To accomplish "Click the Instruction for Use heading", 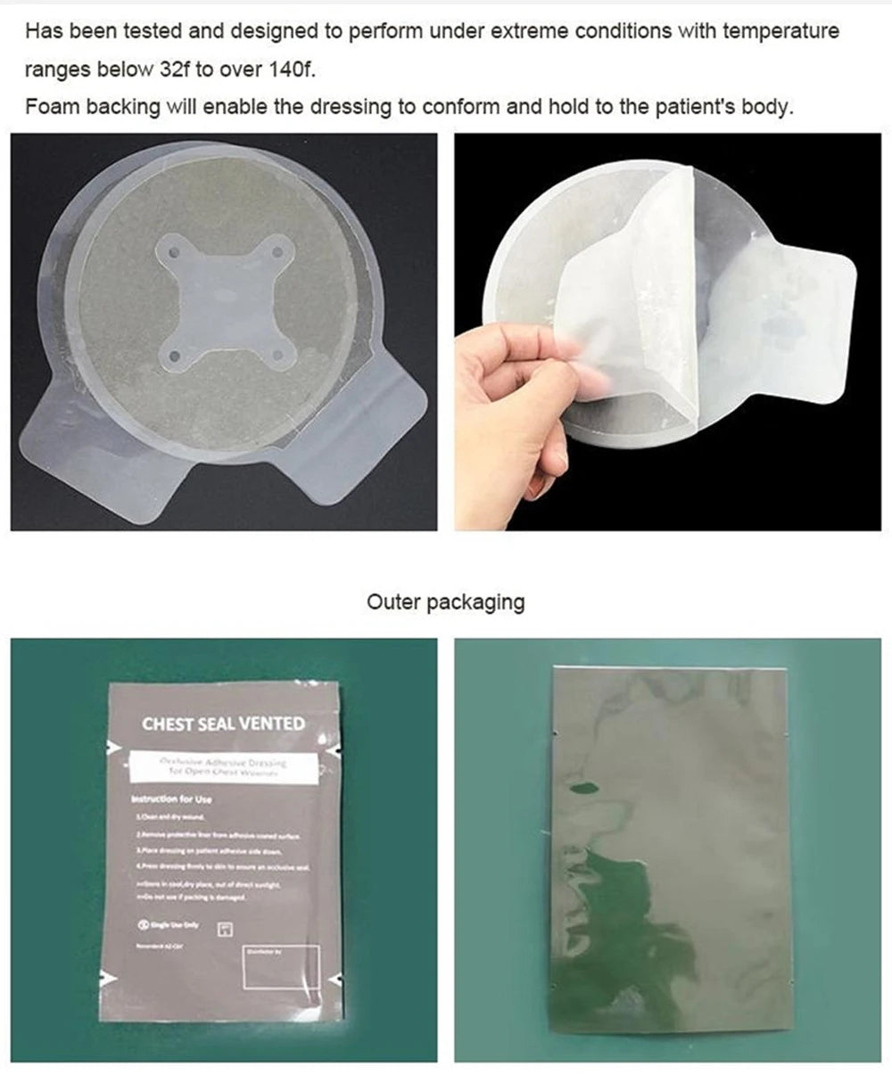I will click(x=171, y=799).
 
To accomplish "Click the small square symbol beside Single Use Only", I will click(x=225, y=928).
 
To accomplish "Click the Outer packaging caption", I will click(x=445, y=602).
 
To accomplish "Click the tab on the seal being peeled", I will click(x=807, y=303).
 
